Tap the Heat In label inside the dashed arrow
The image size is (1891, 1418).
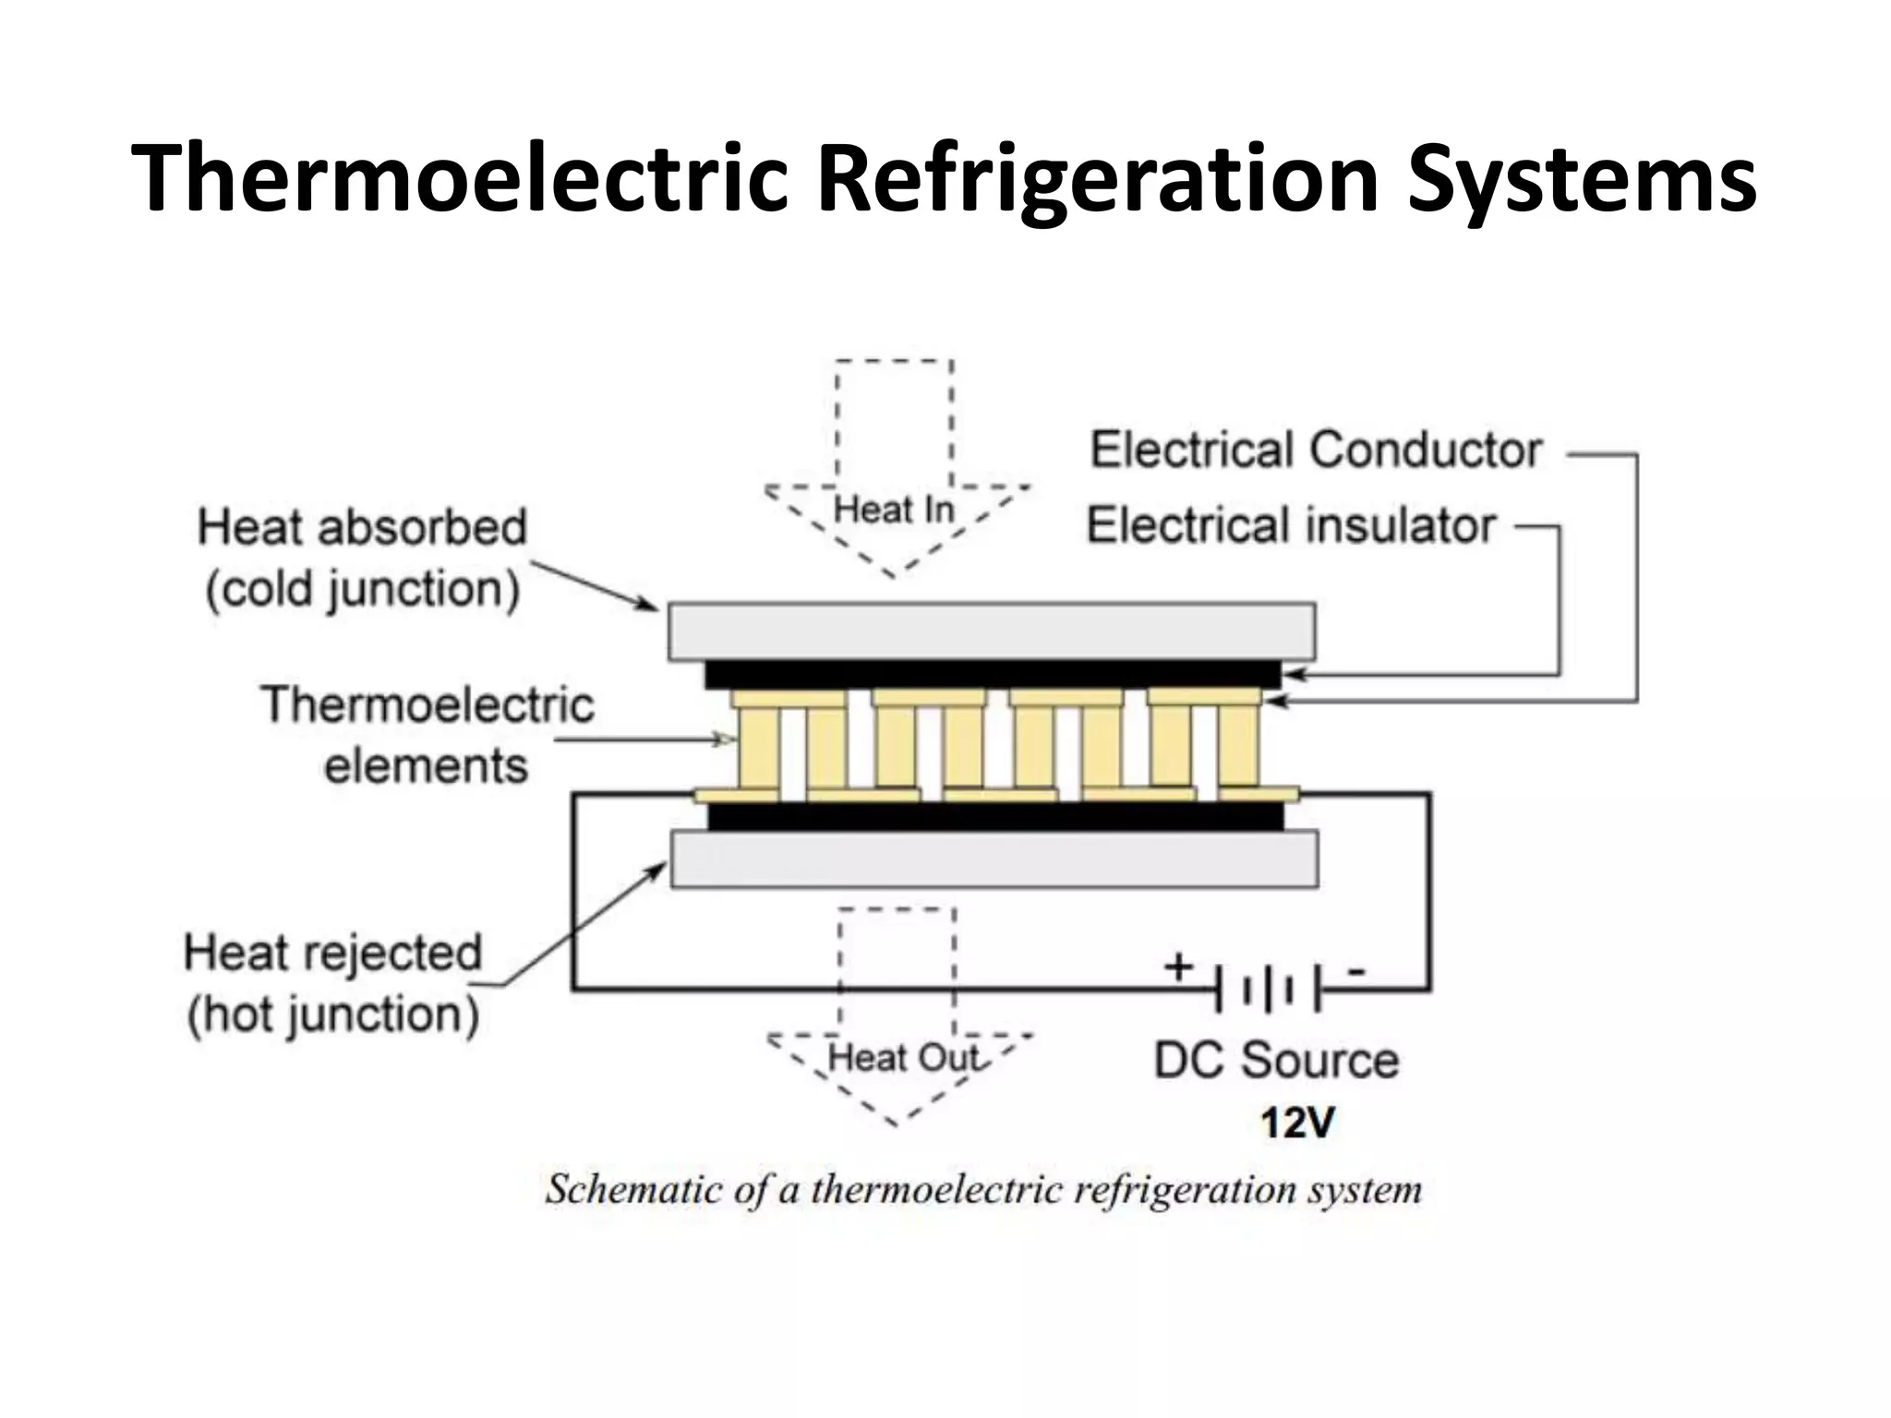pos(893,510)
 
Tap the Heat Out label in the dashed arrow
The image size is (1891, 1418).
pos(902,1057)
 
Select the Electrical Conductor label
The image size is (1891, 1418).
pos(1316,451)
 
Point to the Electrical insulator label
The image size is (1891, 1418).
pos(1291,525)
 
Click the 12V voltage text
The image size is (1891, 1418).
pos(1297,1124)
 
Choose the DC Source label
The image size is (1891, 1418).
pos(1276,1060)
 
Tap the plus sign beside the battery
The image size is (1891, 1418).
pos(1178,967)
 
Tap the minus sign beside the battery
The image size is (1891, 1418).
pos(1356,970)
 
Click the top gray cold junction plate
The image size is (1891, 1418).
pos(992,631)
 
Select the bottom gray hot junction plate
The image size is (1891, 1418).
pos(994,859)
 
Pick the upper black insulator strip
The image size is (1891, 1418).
pos(993,674)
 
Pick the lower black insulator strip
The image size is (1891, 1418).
pos(995,816)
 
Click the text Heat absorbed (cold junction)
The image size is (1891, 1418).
pos(362,559)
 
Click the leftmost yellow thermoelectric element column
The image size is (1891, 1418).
pos(758,748)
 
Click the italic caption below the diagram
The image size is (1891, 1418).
pos(983,1189)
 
